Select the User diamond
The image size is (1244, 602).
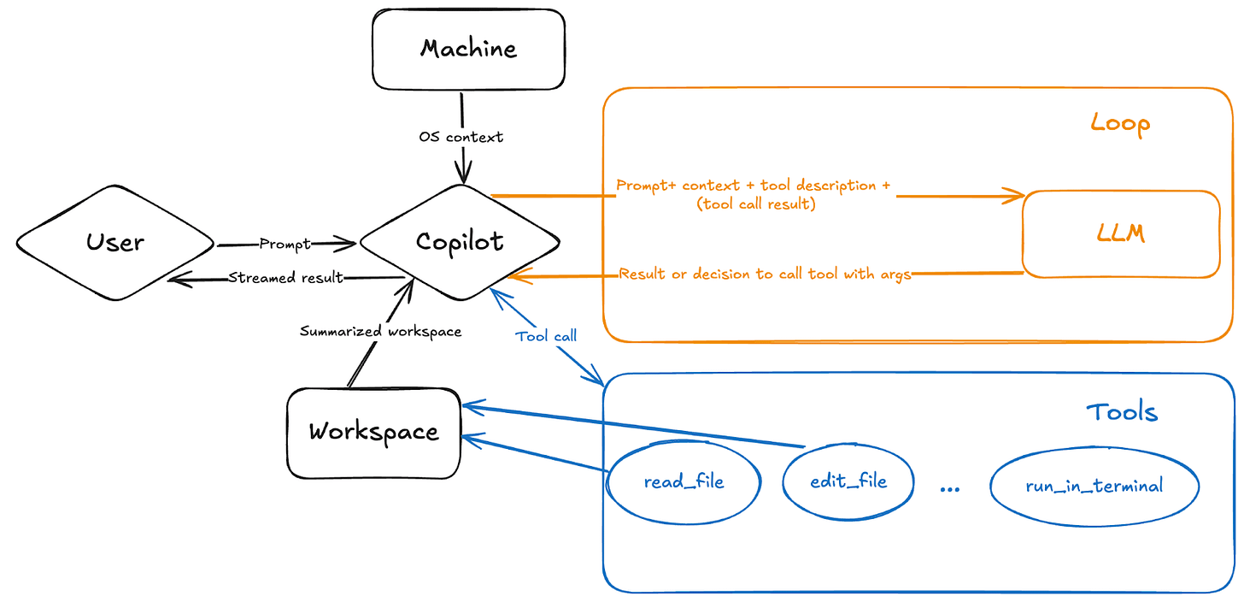(115, 243)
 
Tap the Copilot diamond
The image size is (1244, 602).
(460, 242)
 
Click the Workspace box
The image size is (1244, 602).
(373, 432)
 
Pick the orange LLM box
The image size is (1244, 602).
(1121, 234)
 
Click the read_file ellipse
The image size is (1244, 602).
(683, 482)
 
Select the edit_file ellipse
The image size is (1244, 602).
(848, 481)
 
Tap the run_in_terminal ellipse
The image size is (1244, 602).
(1094, 486)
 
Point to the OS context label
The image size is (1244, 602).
(461, 137)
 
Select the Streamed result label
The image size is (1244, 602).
(285, 278)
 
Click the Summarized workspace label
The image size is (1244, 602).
(380, 331)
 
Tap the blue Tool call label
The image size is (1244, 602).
(546, 336)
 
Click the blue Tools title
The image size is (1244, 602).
(1121, 412)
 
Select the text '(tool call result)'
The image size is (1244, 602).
(754, 204)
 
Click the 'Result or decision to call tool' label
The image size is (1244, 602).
(765, 274)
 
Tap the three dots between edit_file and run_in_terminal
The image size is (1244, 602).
(949, 488)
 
